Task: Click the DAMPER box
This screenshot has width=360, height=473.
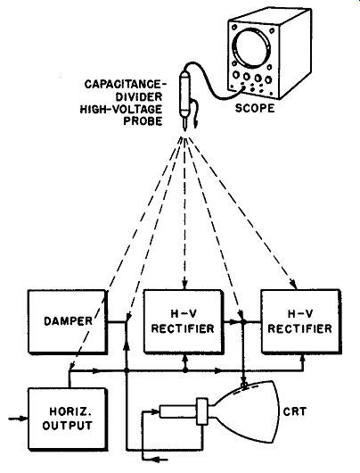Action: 67,321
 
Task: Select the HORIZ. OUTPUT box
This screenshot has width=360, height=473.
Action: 68,419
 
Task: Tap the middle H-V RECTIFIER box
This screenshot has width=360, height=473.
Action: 184,321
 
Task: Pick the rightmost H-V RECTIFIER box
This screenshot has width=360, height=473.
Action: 300,321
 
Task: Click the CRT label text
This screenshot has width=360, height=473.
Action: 295,411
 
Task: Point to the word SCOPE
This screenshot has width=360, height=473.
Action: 255,108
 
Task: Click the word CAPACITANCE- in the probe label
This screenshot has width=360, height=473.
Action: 126,84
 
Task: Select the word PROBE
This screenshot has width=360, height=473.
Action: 143,121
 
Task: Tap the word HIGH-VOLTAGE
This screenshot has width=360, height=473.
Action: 121,109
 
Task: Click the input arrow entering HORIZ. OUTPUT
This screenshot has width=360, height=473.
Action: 18,419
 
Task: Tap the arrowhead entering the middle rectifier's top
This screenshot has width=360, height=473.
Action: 185,285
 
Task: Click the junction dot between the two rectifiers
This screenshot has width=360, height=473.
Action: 243,322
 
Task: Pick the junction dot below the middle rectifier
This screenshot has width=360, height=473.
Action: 185,370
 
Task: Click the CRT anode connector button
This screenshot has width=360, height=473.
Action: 245,385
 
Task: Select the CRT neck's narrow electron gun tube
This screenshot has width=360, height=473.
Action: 177,411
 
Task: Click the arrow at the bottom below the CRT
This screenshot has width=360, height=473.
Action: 159,460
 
